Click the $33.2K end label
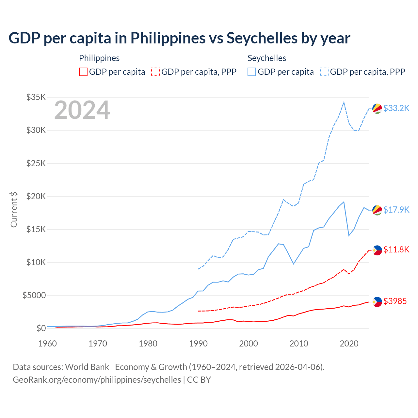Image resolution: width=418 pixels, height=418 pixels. click(x=396, y=108)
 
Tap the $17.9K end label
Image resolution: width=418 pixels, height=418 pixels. click(x=396, y=210)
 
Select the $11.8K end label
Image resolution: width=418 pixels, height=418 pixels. click(x=396, y=250)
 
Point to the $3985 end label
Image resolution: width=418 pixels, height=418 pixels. click(x=395, y=301)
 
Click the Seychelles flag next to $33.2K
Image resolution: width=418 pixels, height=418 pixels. click(x=377, y=108)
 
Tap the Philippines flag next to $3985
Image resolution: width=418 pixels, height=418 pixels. click(x=377, y=301)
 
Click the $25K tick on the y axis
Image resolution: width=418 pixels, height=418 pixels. click(x=36, y=163)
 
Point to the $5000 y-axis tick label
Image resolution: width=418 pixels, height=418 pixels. click(x=34, y=295)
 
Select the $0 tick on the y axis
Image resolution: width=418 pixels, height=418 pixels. click(x=41, y=328)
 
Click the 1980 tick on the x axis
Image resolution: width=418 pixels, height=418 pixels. click(x=148, y=344)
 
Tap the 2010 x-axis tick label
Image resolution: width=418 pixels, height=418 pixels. click(x=299, y=344)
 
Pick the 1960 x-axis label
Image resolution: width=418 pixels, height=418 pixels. click(x=48, y=344)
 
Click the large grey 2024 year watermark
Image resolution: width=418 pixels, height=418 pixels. click(x=82, y=110)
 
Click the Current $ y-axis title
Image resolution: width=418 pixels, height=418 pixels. click(x=14, y=210)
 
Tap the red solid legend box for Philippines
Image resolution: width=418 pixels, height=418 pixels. click(x=83, y=72)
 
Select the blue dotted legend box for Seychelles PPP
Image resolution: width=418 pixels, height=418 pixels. click(x=324, y=72)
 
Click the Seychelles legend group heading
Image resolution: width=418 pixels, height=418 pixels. click(x=267, y=58)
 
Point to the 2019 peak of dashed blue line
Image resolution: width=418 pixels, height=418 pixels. click(x=344, y=102)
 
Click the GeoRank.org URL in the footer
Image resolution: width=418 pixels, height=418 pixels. click(x=97, y=380)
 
